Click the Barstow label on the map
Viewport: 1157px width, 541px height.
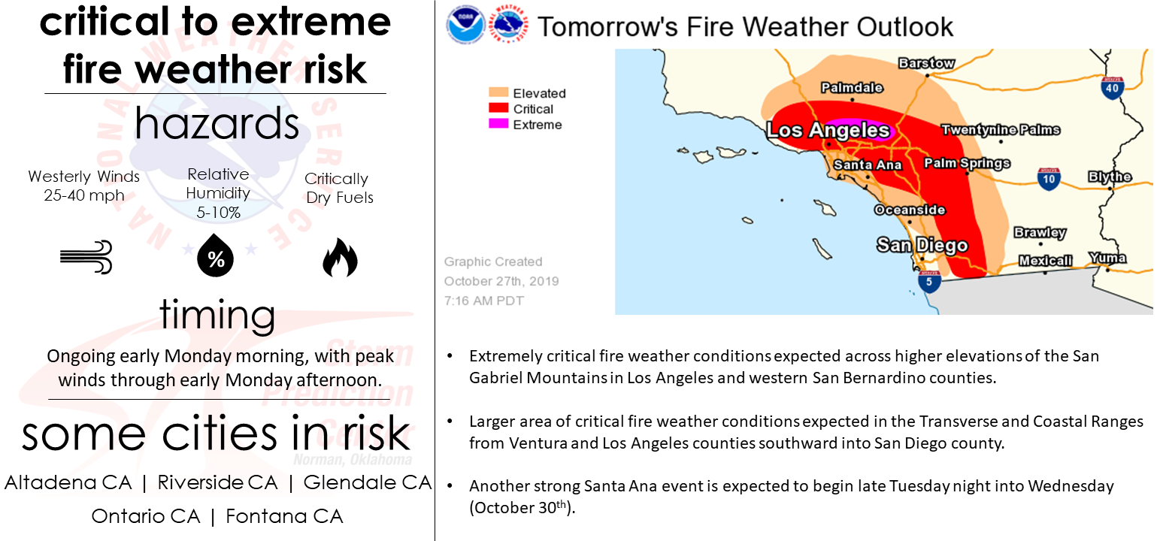(926, 63)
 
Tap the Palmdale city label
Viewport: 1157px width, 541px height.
(852, 88)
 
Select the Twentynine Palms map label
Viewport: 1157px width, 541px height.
(1001, 129)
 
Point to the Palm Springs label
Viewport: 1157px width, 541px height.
(966, 164)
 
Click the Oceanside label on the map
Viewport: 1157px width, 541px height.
(910, 210)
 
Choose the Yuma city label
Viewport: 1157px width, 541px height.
(1107, 258)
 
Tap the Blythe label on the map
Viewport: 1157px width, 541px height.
(1110, 177)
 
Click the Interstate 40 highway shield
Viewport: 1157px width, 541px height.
(1112, 88)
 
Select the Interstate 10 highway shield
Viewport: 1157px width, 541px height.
(1048, 179)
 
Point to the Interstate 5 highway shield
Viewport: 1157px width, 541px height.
(929, 281)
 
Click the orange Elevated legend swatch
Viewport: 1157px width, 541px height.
(498, 92)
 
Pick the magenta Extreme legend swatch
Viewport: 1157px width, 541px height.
(498, 124)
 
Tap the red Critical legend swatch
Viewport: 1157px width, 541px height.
(498, 108)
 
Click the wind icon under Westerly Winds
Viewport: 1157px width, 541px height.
(86, 256)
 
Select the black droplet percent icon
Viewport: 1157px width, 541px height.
(216, 255)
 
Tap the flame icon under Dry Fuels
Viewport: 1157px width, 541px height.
(340, 257)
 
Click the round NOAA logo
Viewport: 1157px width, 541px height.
(466, 25)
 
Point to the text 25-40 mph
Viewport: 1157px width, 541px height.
(83, 195)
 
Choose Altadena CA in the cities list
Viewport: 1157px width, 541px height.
(68, 482)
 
